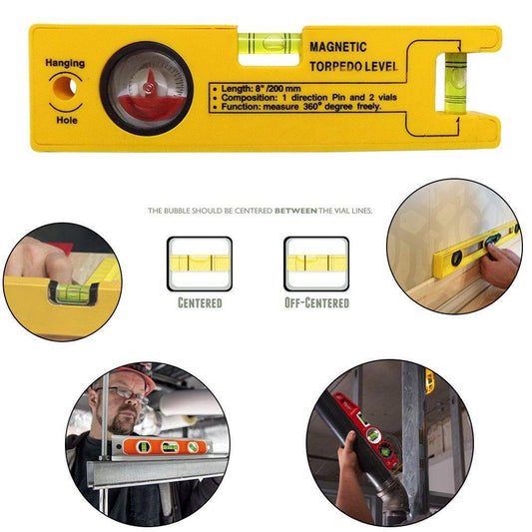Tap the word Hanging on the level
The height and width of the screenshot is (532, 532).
(65, 64)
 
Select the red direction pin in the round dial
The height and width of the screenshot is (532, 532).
(147, 84)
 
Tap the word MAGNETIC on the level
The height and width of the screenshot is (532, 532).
(337, 47)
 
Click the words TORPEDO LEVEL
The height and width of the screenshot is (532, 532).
(353, 68)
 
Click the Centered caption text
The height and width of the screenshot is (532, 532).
(200, 301)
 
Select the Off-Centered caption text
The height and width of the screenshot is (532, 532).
(316, 301)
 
